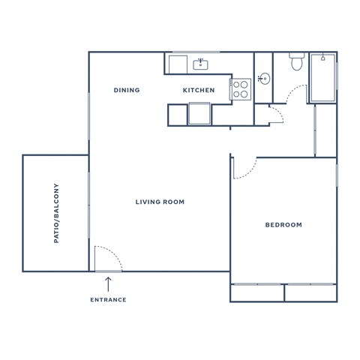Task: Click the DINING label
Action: click(x=127, y=90)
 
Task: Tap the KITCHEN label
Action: click(x=199, y=90)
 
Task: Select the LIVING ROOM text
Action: click(x=160, y=202)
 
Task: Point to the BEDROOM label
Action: click(x=284, y=225)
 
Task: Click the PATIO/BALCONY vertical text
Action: click(x=56, y=213)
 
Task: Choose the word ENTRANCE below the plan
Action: click(x=108, y=299)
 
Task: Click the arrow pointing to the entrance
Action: click(x=108, y=283)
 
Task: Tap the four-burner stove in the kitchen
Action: click(x=241, y=90)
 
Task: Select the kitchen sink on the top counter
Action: click(x=201, y=64)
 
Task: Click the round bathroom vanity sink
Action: click(x=263, y=78)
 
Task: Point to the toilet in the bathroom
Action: click(x=296, y=61)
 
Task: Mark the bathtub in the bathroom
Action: click(x=323, y=77)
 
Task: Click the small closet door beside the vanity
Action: click(x=274, y=114)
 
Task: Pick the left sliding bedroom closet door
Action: click(x=257, y=285)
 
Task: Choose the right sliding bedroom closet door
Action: click(x=310, y=285)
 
